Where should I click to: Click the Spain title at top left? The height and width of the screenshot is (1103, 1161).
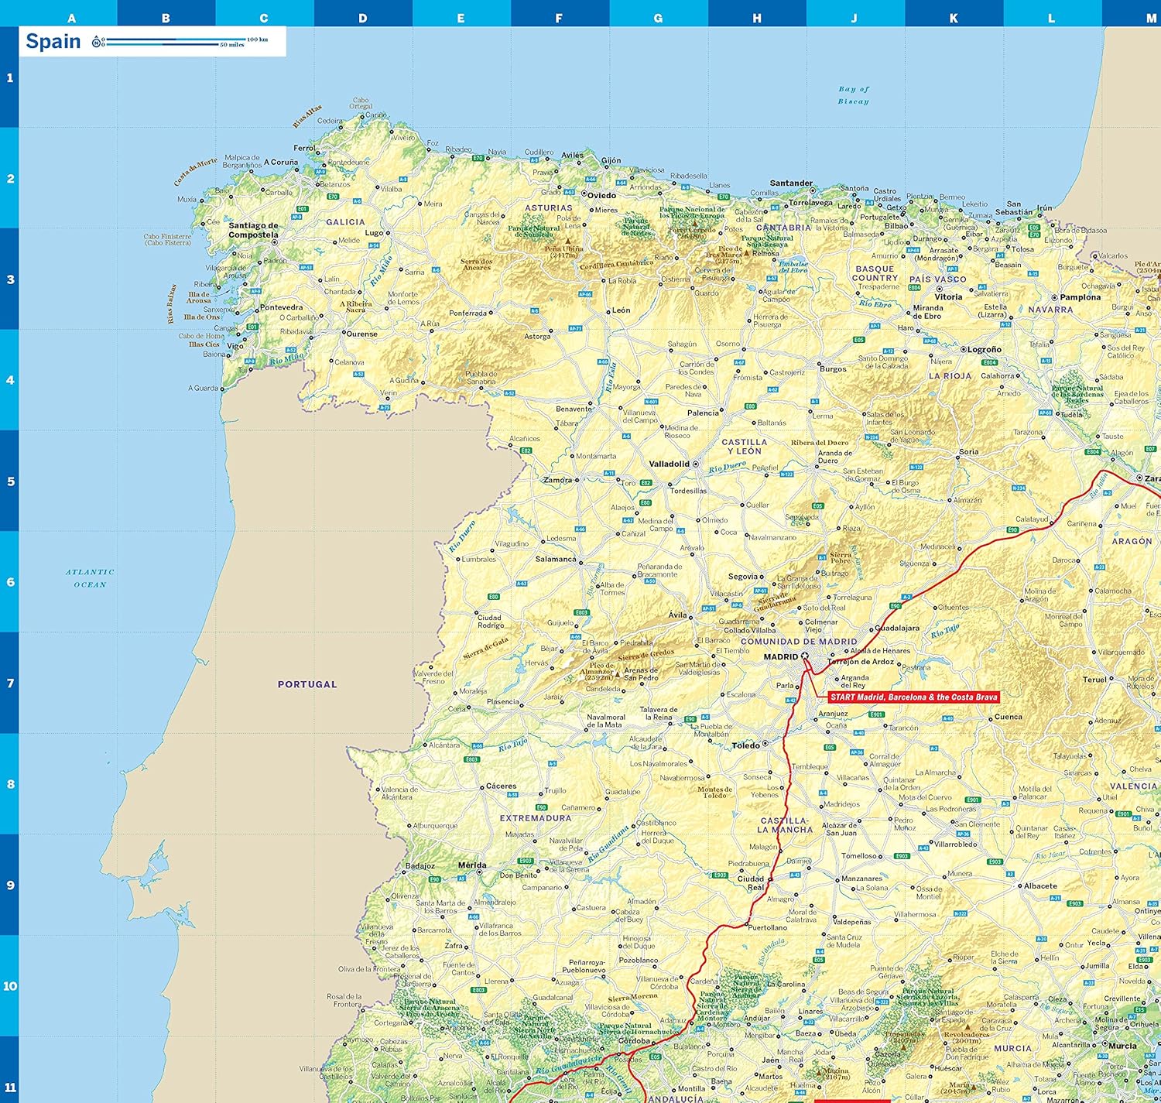click(x=53, y=41)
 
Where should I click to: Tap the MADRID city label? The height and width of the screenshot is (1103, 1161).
click(x=780, y=657)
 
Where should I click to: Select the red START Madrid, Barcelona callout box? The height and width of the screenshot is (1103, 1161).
click(x=913, y=697)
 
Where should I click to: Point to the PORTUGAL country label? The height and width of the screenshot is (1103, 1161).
click(x=307, y=684)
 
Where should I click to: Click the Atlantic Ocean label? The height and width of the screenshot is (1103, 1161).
click(x=90, y=578)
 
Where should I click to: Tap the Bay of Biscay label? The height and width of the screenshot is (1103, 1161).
click(x=853, y=95)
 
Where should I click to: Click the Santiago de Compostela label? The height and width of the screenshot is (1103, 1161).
click(x=253, y=230)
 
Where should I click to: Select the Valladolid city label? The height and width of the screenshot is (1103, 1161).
click(x=669, y=464)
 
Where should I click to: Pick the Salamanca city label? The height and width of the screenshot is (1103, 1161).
click(x=555, y=559)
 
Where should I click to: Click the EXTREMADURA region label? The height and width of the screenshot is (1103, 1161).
click(x=536, y=818)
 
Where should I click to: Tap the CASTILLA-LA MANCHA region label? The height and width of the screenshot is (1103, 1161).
click(x=785, y=825)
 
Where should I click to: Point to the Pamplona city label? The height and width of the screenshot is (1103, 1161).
click(x=1080, y=297)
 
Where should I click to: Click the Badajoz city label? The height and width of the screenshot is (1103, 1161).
click(x=420, y=866)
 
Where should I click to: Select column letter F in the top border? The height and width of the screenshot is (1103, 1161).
click(x=559, y=18)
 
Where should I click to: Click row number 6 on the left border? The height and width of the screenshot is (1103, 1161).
click(x=10, y=582)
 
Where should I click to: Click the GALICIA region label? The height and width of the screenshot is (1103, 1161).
click(x=345, y=222)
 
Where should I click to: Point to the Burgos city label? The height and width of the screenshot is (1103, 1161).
click(x=833, y=369)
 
